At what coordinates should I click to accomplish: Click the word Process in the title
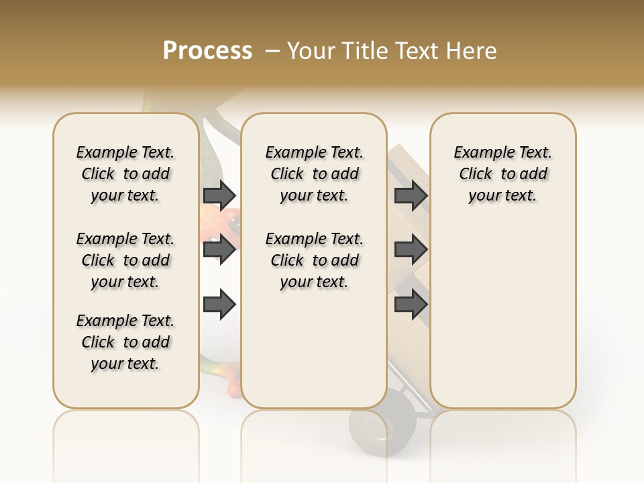click(207, 51)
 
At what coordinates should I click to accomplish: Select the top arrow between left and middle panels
click(219, 195)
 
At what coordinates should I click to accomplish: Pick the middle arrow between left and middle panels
click(219, 250)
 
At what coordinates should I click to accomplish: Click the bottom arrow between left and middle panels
click(219, 305)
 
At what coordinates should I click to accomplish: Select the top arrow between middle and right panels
click(411, 195)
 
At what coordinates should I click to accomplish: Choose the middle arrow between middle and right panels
click(411, 250)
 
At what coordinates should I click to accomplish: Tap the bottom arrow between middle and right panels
click(411, 304)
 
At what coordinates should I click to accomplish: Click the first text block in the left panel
click(125, 174)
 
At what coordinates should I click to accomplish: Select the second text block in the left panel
click(125, 260)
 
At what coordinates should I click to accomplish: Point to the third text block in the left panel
click(125, 342)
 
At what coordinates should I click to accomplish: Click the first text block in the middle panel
click(314, 174)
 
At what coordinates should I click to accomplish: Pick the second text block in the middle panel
click(314, 260)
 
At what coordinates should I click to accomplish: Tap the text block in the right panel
click(502, 174)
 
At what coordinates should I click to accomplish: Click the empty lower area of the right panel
click(502, 322)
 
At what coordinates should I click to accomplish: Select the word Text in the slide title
click(416, 51)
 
